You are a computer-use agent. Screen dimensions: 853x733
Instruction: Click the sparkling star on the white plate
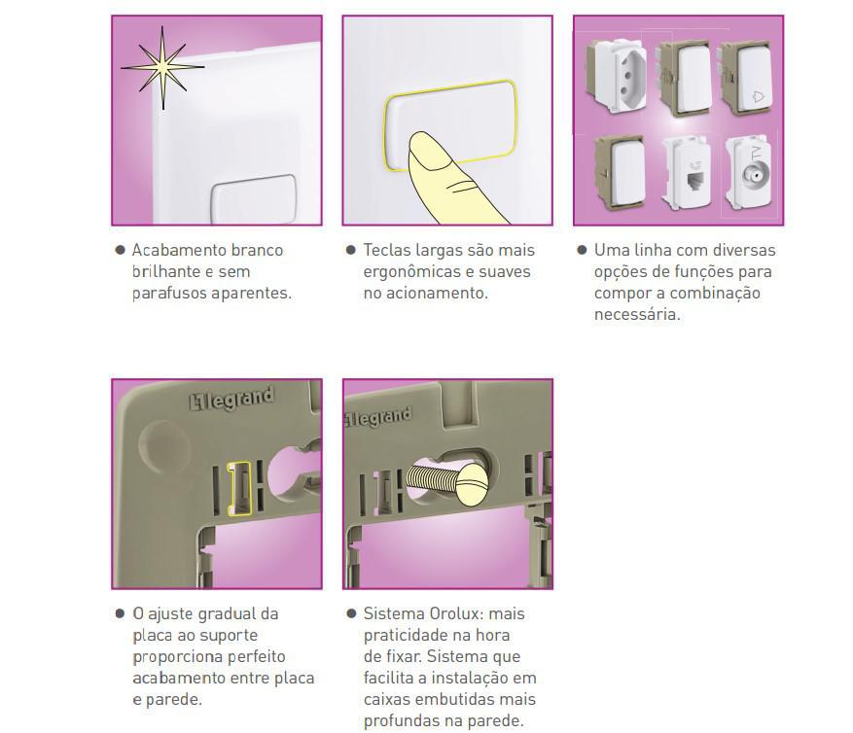pos(162,67)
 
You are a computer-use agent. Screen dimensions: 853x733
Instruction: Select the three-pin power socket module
pos(617,75)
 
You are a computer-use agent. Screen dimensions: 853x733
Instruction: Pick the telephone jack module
pos(688,174)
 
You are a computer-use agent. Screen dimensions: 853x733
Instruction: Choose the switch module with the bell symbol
pos(746,77)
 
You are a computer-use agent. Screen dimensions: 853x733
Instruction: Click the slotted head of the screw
pos(472,485)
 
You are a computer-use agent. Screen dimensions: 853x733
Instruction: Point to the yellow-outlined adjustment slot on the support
pos(238,488)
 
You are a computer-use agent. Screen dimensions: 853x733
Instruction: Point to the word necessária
pos(637,314)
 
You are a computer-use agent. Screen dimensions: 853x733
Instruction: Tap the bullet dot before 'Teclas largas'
pos(351,250)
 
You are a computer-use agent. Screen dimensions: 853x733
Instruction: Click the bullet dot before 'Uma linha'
pos(582,250)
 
